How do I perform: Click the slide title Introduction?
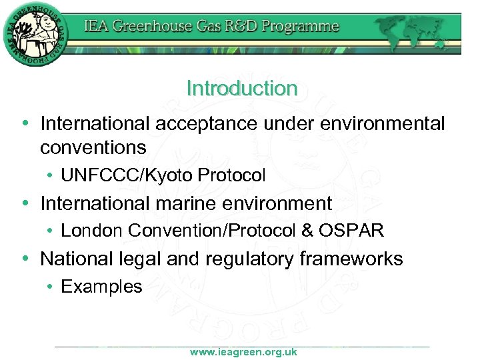click(242, 88)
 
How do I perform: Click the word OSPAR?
click(351, 231)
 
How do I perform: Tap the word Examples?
click(101, 287)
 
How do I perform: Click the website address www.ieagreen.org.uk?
click(243, 352)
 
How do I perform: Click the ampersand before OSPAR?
click(307, 231)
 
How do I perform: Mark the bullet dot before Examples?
click(51, 287)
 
